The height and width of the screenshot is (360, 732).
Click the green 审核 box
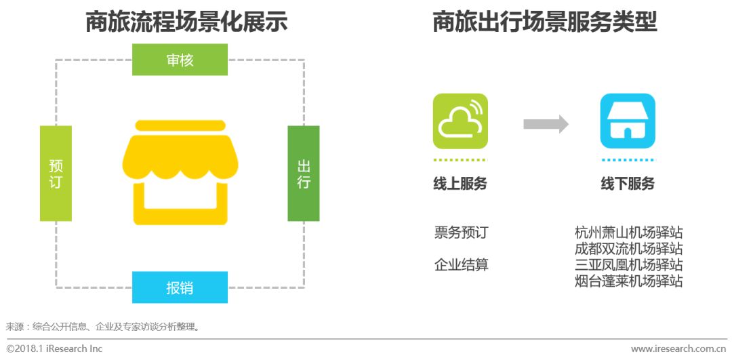180,60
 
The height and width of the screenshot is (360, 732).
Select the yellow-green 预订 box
56,174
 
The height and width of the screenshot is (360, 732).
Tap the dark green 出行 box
303,174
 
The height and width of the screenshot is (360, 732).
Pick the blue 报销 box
180,287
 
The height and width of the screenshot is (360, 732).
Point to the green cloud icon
460,121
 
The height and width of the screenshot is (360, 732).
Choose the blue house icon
628,121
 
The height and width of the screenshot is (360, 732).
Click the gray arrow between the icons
546,124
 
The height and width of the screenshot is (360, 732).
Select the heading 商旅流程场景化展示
186,22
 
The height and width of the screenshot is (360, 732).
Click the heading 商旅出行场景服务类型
545,22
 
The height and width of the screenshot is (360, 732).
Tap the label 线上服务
460,184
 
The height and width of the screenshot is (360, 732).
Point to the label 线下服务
628,184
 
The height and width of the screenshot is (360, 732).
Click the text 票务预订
461,233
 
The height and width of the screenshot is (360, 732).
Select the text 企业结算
461,265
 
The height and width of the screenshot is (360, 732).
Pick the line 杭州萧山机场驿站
628,233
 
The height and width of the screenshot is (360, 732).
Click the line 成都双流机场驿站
628,249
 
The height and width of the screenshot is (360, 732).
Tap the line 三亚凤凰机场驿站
628,265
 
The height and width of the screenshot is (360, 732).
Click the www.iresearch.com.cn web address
678,348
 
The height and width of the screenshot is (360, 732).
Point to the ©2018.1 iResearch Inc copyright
54,348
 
